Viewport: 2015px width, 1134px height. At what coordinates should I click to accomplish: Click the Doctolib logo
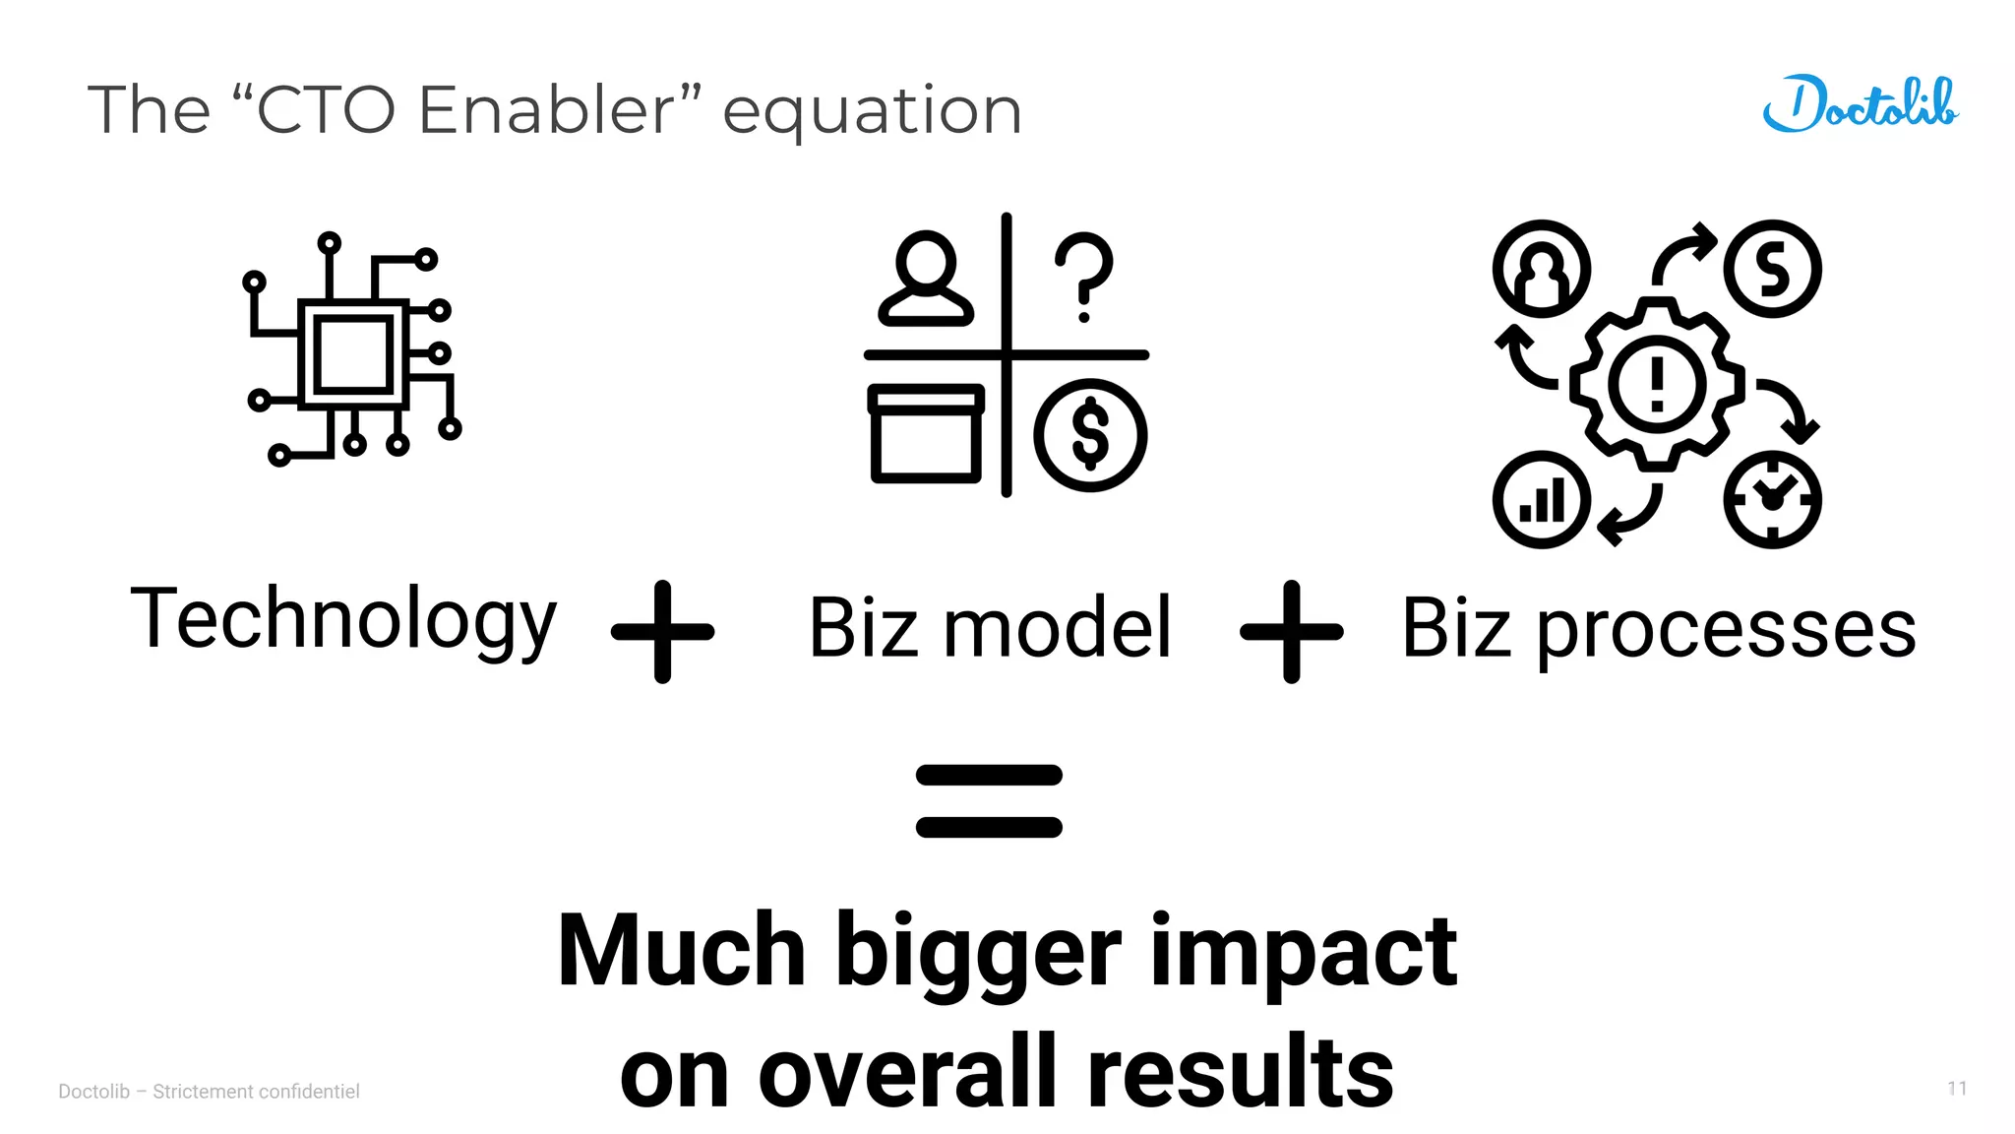1860,104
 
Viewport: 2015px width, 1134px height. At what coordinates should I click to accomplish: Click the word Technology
343,620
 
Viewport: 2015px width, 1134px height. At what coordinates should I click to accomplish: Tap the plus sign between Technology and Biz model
662,631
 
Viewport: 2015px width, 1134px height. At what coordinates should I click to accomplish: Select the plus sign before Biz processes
1291,631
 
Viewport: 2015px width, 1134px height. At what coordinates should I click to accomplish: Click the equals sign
989,800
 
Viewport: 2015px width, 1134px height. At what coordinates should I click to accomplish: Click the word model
1058,628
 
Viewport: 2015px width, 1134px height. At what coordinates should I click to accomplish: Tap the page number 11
1957,1088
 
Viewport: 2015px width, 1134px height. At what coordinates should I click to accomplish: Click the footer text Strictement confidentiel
256,1091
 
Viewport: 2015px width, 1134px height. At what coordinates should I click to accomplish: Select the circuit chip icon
352,352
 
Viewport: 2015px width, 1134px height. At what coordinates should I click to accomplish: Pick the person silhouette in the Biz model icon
926,279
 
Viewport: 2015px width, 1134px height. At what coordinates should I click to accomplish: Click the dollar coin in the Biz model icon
1090,434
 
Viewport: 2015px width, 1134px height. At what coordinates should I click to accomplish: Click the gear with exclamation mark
1657,382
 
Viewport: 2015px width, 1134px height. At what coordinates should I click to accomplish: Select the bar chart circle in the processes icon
1541,499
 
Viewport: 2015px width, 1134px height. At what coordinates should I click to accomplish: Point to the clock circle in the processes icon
1772,499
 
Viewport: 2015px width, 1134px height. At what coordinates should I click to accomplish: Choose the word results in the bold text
1240,1073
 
